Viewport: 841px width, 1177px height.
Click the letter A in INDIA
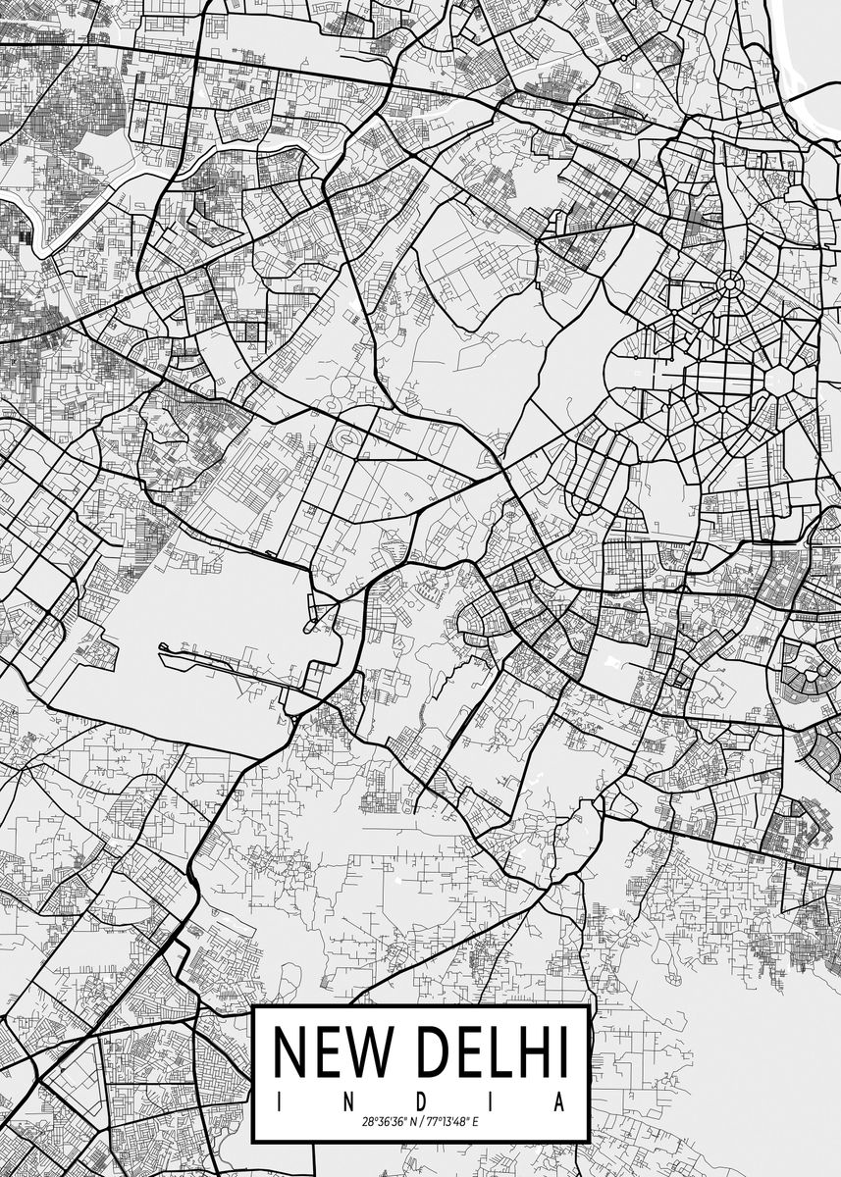click(x=560, y=1102)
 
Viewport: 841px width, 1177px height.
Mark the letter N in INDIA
click(x=349, y=1102)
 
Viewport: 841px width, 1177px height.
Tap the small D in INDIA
click(x=420, y=1102)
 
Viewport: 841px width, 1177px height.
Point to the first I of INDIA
click(x=280, y=1102)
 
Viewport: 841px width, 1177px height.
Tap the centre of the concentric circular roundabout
click(x=729, y=285)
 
